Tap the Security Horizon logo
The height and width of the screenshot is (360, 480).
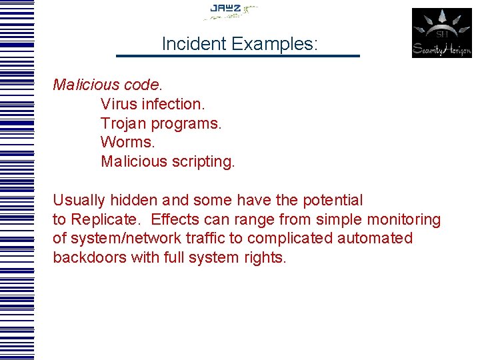pyautogui.click(x=441, y=33)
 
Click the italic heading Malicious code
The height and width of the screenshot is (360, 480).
pyautogui.click(x=107, y=85)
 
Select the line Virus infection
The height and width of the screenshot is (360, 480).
pyautogui.click(x=153, y=105)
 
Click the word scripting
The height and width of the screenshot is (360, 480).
pyautogui.click(x=201, y=162)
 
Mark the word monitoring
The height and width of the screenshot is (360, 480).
pyautogui.click(x=405, y=219)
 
